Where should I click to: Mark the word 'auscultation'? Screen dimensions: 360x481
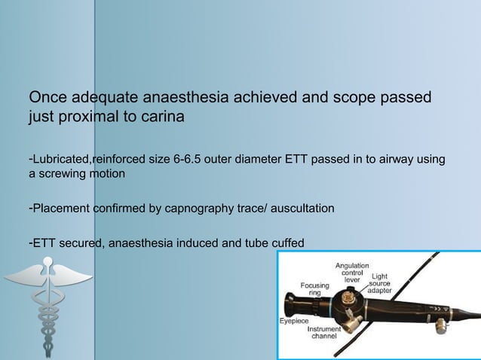[304, 207]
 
